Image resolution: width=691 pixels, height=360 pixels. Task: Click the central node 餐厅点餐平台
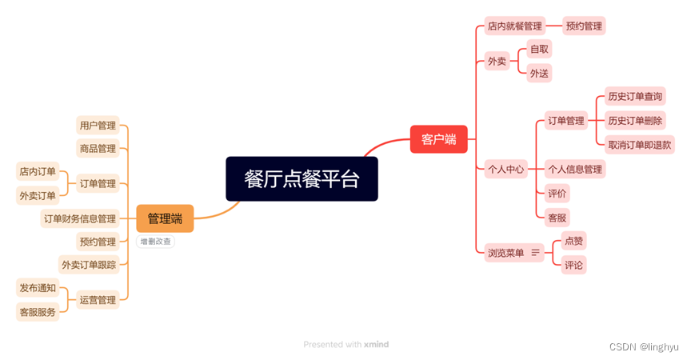tap(301, 178)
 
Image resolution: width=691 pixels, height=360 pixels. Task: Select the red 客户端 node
tap(438, 139)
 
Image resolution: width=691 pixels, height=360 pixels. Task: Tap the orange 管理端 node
tap(165, 218)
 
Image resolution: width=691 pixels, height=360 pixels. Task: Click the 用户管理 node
tap(98, 126)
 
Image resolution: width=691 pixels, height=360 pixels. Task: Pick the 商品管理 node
tap(98, 148)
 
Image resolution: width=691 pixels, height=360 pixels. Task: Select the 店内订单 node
tap(38, 171)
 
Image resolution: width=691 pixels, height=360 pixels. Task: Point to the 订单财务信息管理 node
tap(80, 218)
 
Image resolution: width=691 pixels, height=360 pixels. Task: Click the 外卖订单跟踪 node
tap(89, 264)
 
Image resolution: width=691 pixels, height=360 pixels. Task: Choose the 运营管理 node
tap(98, 300)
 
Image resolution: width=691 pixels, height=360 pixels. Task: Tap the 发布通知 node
tap(38, 288)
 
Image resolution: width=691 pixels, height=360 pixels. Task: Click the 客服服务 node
tap(38, 312)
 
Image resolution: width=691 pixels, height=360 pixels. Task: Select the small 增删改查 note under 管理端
tap(155, 241)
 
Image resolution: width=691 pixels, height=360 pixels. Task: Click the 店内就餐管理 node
tap(515, 26)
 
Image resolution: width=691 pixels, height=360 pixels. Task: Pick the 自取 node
tap(539, 50)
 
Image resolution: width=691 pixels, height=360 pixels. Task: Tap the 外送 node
tap(539, 74)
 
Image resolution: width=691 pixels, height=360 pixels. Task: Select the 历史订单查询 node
tap(635, 97)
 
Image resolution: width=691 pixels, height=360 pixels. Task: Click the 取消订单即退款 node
tap(640, 145)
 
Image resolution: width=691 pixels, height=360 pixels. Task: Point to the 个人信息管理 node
tap(574, 169)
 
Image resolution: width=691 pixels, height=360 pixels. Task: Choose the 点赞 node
tap(573, 240)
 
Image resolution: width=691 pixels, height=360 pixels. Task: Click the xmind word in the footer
tap(376, 345)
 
